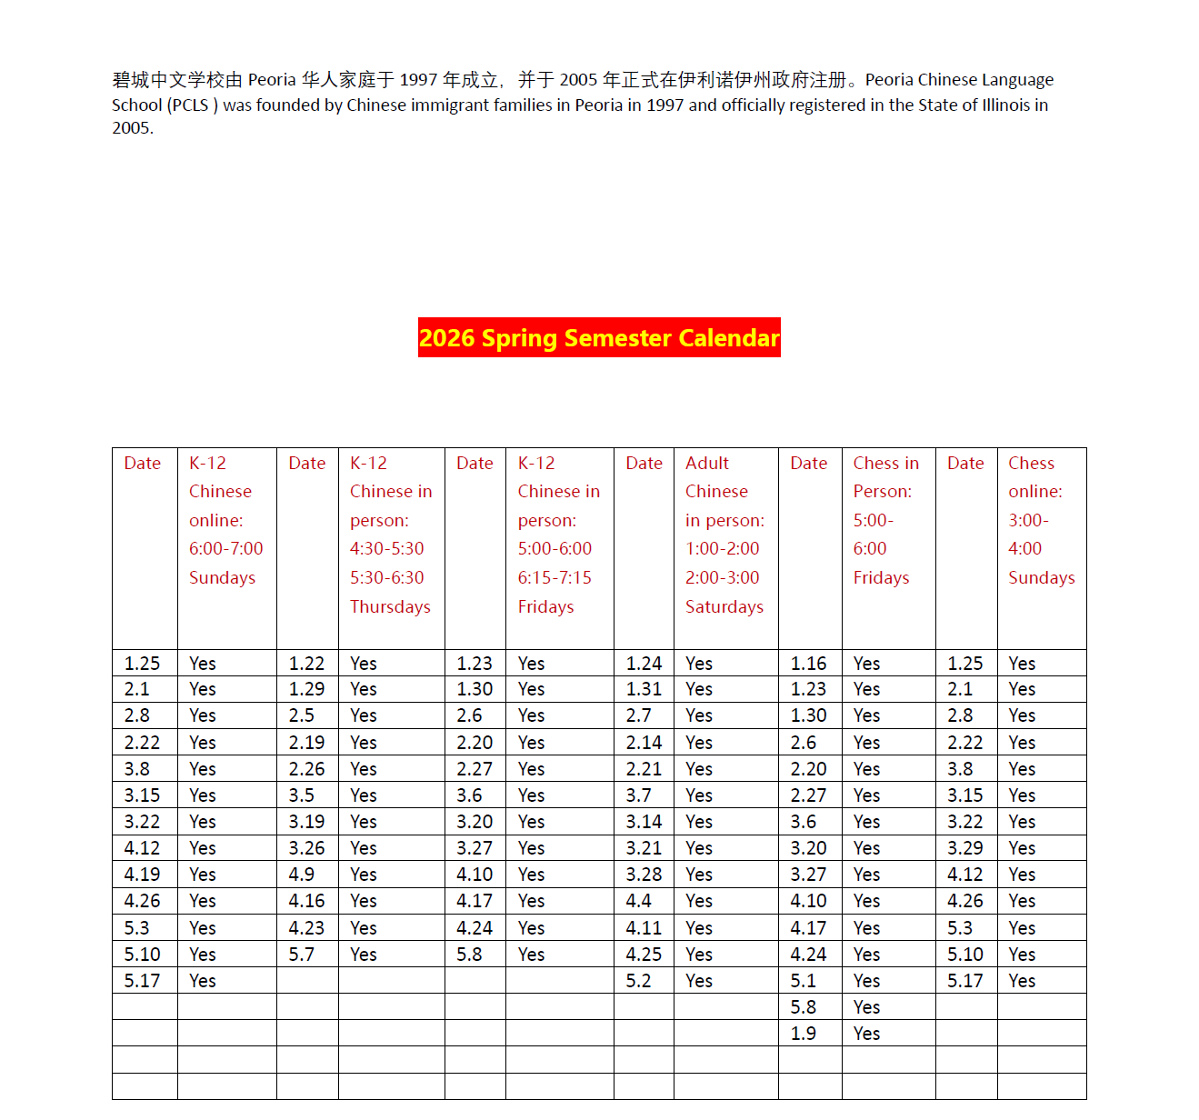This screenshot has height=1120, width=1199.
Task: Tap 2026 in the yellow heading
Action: tap(447, 338)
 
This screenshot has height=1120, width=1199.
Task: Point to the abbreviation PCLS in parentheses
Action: tap(191, 105)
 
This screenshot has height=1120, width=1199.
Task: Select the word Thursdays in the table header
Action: tap(390, 606)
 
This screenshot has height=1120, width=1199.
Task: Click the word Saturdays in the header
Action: tap(724, 606)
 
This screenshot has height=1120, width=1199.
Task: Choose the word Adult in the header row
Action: tap(706, 463)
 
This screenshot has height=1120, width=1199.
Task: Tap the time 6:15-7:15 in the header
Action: tap(555, 577)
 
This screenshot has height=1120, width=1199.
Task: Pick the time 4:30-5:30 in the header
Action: tap(386, 548)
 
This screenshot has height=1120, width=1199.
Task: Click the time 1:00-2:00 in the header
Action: tap(722, 548)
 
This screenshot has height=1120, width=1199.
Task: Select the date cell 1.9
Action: tap(803, 1034)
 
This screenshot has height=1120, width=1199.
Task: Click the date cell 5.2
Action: tap(638, 981)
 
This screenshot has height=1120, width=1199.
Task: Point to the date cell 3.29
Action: tap(964, 848)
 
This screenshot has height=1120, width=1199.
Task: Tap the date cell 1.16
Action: tap(808, 664)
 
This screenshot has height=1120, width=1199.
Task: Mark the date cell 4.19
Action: tap(142, 875)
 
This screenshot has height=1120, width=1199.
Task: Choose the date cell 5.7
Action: tap(301, 955)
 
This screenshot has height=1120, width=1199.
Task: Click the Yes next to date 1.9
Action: tap(866, 1034)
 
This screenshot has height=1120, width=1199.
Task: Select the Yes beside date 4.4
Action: tap(698, 901)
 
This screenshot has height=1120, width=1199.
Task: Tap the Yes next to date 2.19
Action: tap(363, 743)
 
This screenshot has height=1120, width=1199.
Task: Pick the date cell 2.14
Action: tap(644, 743)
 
